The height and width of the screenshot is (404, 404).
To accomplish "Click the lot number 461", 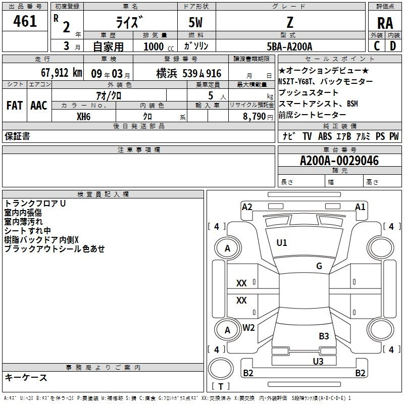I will pos(25,21).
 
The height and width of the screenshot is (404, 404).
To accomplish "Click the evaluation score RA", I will pos(385,23).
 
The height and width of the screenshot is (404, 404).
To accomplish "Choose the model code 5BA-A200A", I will pos(289,46).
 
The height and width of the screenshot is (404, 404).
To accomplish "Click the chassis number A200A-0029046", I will pos(339,161).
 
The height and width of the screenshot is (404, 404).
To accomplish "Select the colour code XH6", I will pos(83,116).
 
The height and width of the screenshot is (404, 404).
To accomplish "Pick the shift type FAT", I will pos(15,105).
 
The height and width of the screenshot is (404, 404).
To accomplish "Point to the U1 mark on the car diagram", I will pos(282,243).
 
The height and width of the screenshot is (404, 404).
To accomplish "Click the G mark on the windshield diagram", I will pos(319,266).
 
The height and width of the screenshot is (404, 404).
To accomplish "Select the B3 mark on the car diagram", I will pos(324,336).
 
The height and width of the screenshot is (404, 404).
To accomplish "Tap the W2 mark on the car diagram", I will pos(248,328).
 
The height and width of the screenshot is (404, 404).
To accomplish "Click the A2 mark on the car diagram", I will pos(247,207).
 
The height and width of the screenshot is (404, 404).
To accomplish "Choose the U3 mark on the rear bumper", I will pos(318,361).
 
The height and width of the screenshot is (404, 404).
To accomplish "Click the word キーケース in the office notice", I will pos(26,378).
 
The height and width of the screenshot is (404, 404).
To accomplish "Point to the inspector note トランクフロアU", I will pos(35,204).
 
